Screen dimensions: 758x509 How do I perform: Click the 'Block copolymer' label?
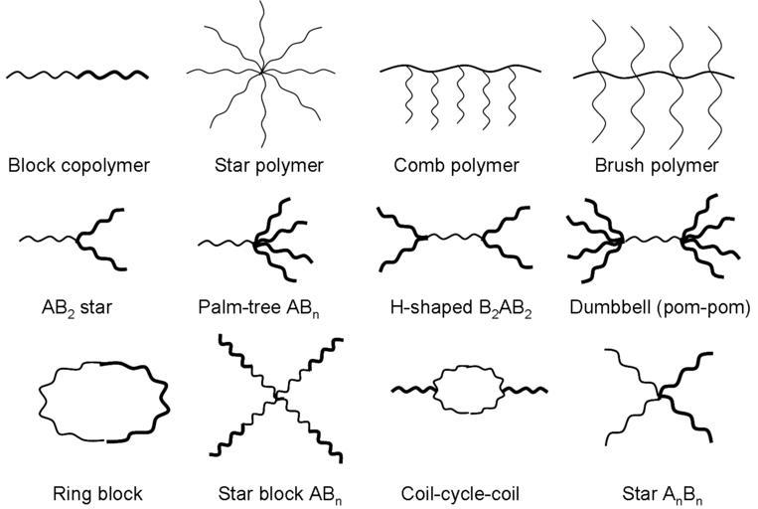tap(78, 165)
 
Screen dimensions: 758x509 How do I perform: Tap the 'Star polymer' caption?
tap(269, 165)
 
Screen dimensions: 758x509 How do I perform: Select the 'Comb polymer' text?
tap(456, 165)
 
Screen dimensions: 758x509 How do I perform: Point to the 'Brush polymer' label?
tap(657, 165)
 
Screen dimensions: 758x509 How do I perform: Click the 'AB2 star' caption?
tap(76, 308)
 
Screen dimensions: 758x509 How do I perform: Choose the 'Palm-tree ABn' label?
tap(258, 308)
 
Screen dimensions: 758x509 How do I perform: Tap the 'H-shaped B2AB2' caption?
tap(461, 308)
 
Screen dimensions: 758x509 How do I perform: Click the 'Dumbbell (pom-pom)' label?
tap(660, 308)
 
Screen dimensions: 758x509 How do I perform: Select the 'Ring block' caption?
tap(97, 494)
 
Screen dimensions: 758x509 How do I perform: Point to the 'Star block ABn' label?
tap(280, 494)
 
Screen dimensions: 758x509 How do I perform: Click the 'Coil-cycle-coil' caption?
tap(460, 494)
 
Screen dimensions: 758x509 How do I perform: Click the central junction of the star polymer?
tap(262, 73)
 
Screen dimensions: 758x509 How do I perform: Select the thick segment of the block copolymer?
tap(113, 75)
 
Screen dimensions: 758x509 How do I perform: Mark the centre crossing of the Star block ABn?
tap(277, 397)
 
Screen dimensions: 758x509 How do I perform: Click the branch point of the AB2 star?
tap(78, 238)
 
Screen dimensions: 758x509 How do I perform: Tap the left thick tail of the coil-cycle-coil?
tap(412, 389)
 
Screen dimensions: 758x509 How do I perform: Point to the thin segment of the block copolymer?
tap(43, 75)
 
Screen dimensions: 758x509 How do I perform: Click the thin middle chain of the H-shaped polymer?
tap(454, 237)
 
